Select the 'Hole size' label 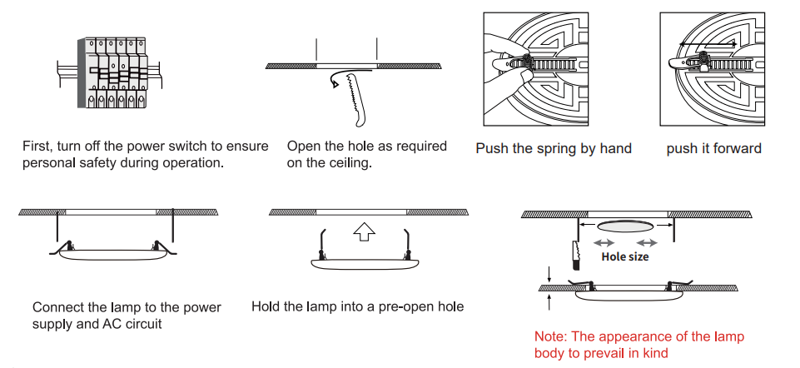pyautogui.click(x=624, y=257)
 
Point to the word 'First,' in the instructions pyautogui.click(x=38, y=147)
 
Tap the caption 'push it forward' pyautogui.click(x=713, y=149)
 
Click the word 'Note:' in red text pyautogui.click(x=551, y=337)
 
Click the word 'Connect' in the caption pyautogui.click(x=57, y=307)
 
